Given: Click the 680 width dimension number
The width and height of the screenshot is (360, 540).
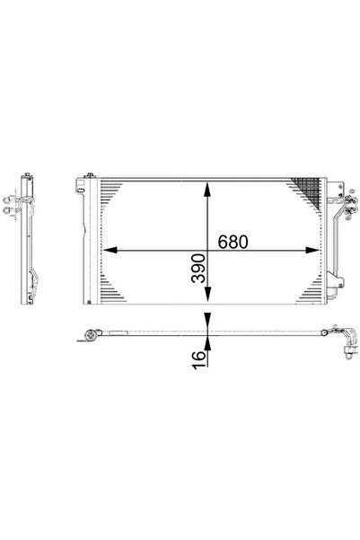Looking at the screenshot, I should (x=231, y=243).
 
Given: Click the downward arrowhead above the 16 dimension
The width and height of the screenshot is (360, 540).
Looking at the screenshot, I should (x=207, y=323).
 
